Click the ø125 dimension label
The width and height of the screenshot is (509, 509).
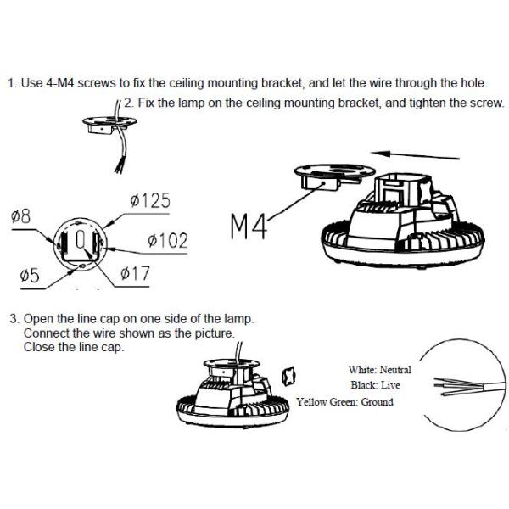pyautogui.click(x=150, y=200)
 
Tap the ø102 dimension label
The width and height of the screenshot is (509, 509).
pyautogui.click(x=167, y=241)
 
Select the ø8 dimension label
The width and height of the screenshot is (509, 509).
pyautogui.click(x=20, y=216)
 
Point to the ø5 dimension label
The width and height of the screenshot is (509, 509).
pyautogui.click(x=30, y=275)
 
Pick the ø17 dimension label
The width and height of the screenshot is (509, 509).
pyautogui.click(x=135, y=273)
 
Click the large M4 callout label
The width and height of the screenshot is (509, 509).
pyautogui.click(x=249, y=227)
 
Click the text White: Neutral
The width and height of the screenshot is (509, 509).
pyautogui.click(x=380, y=370)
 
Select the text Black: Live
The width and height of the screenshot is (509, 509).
pyautogui.click(x=375, y=385)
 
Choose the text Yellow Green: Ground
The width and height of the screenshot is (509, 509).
pyautogui.click(x=344, y=402)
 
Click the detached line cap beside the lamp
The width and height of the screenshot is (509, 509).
pyautogui.click(x=288, y=376)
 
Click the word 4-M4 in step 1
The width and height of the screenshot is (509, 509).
pyautogui.click(x=61, y=83)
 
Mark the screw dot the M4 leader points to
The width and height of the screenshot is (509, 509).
pyautogui.click(x=323, y=183)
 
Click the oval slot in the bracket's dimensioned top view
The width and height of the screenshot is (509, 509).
pyautogui.click(x=81, y=239)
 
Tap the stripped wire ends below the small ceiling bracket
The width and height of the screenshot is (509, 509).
pyautogui.click(x=119, y=167)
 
